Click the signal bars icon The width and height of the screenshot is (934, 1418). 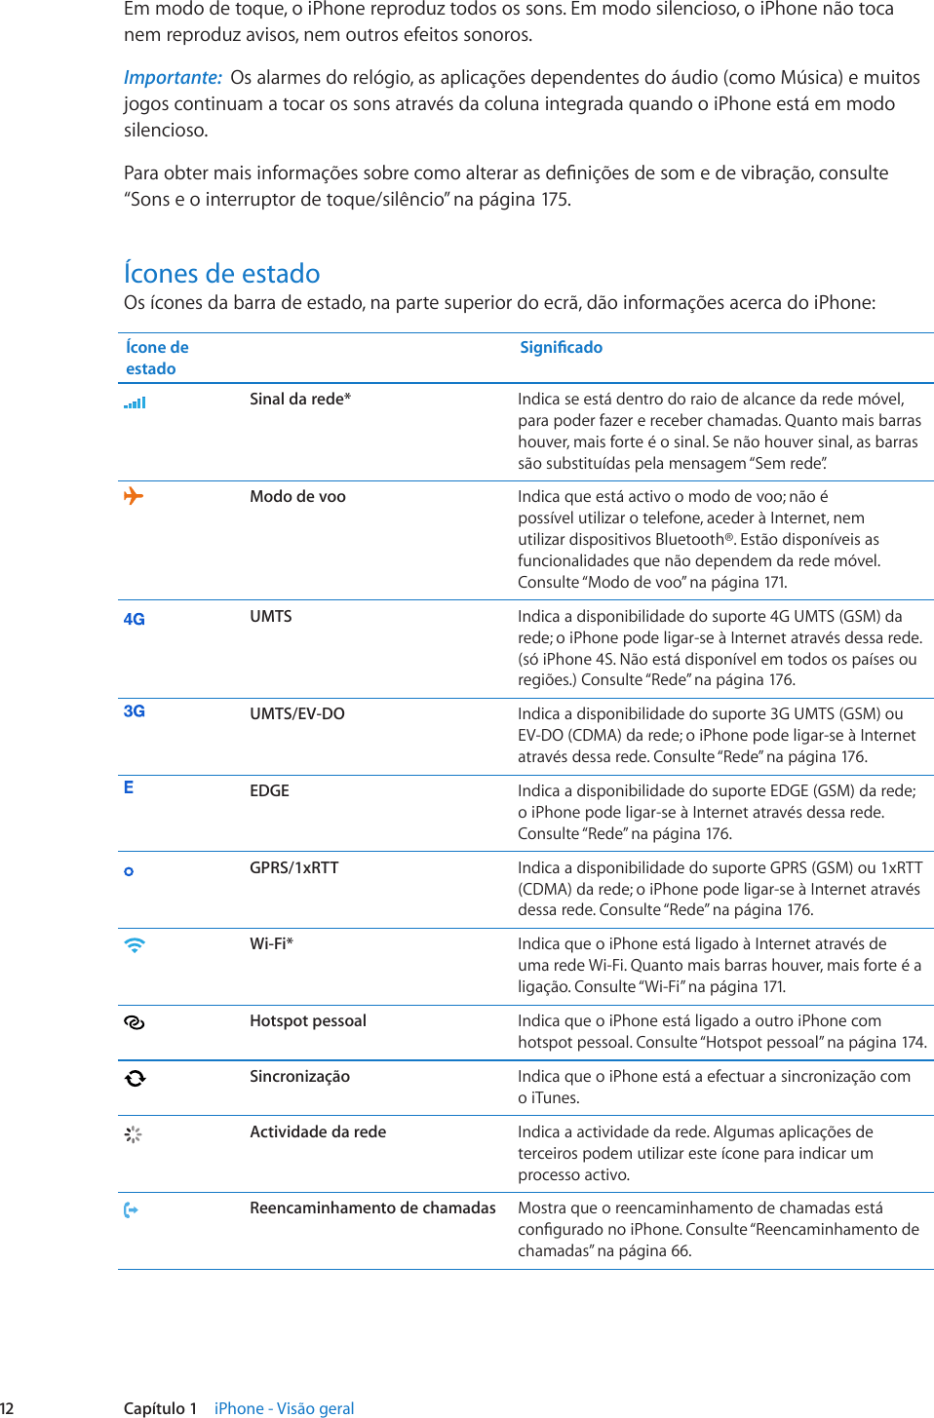pos(135,402)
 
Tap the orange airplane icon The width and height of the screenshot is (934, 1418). pos(134,496)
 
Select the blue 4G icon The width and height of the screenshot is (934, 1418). pos(134,619)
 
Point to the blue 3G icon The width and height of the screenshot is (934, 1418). pos(134,711)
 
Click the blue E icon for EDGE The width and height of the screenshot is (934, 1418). pos(129,787)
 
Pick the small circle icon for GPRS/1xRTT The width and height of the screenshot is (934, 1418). pos(129,871)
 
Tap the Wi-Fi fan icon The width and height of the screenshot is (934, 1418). pos(135,944)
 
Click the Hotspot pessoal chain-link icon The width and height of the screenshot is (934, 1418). pos(135,1022)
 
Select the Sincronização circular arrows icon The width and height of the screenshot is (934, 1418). pos(135,1078)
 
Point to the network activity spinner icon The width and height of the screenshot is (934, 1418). pos(134,1134)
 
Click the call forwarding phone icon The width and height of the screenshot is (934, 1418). pos(131,1210)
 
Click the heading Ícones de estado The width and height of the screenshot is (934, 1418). pos(221,273)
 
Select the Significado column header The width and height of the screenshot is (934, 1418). pos(561,347)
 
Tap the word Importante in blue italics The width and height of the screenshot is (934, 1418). pos(173,78)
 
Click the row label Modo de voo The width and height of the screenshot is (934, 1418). pos(297,496)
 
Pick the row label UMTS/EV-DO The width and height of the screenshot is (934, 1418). pos(296,713)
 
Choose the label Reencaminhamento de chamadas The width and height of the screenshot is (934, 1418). pos(372,1207)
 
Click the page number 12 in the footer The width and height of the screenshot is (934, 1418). pos(7,1408)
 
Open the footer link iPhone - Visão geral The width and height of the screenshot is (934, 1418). pos(284,1408)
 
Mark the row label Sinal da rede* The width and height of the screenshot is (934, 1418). pos(299,399)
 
